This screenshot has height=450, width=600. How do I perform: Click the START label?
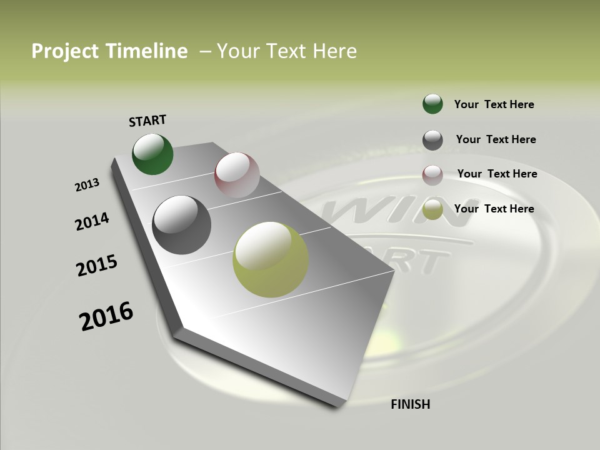147,120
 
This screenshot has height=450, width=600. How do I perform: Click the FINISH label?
410,404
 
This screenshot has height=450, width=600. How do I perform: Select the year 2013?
87,185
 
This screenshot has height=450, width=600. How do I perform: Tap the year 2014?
92,221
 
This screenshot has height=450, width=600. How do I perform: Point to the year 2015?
97,266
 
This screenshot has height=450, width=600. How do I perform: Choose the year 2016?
106,316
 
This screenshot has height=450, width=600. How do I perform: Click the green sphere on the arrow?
152,154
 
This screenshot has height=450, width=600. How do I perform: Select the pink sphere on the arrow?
237,175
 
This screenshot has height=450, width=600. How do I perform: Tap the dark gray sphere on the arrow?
181,225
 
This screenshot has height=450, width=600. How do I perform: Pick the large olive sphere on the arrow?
271,259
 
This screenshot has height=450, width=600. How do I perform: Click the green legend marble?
432,104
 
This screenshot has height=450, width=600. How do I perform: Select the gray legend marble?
432,140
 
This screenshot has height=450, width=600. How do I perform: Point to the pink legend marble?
432,175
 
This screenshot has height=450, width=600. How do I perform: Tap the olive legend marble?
432,210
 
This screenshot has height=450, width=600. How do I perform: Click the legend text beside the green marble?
494,104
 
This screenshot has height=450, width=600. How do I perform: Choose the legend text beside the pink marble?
497,174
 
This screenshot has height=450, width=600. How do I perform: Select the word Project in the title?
64,51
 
